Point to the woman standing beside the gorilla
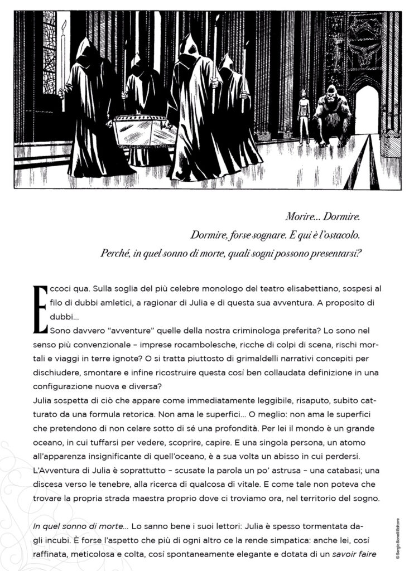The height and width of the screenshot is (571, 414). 304,115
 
